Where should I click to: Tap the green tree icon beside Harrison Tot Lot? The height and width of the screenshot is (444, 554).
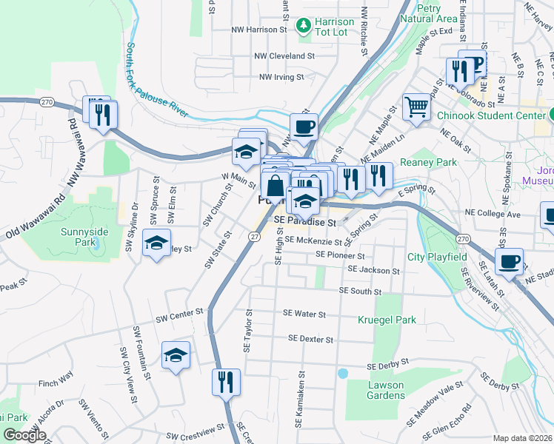tap(303, 27)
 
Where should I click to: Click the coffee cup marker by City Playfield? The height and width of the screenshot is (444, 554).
tap(509, 261)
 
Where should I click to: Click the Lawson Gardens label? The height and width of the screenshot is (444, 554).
tap(386, 390)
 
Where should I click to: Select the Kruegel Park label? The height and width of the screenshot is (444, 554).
tap(387, 320)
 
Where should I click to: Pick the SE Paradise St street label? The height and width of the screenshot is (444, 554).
tap(305, 221)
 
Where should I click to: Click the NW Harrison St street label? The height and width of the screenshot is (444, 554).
tap(258, 30)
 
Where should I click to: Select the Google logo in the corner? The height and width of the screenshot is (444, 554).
tap(24, 435)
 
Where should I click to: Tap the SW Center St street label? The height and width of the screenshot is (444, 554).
tap(179, 317)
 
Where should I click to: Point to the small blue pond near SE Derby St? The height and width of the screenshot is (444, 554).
tap(342, 374)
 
